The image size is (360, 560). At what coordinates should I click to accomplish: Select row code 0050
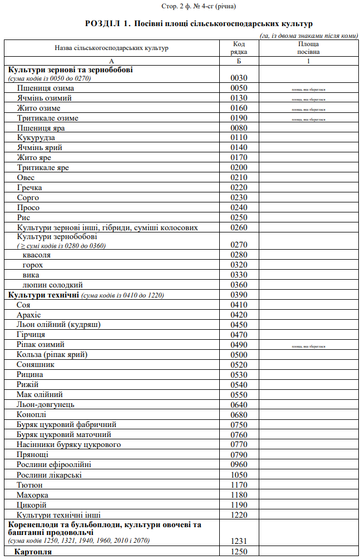[x=239, y=88]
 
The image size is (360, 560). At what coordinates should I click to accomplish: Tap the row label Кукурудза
[x=36, y=138]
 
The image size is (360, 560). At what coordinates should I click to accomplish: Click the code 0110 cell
[x=239, y=138]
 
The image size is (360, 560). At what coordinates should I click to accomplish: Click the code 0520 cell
[x=239, y=365]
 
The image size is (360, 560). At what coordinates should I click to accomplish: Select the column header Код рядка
[x=239, y=48]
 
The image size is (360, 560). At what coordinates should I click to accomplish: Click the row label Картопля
[x=33, y=552]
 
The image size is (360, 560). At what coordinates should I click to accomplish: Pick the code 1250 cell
[x=239, y=552]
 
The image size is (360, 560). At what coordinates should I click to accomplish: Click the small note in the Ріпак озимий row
[x=308, y=346]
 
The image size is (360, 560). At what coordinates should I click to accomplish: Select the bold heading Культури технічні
[x=43, y=295]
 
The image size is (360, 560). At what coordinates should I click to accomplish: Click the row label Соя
[x=23, y=305]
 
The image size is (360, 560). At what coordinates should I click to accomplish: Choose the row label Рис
[x=23, y=217]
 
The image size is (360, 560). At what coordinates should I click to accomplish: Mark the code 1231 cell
[x=239, y=541]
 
